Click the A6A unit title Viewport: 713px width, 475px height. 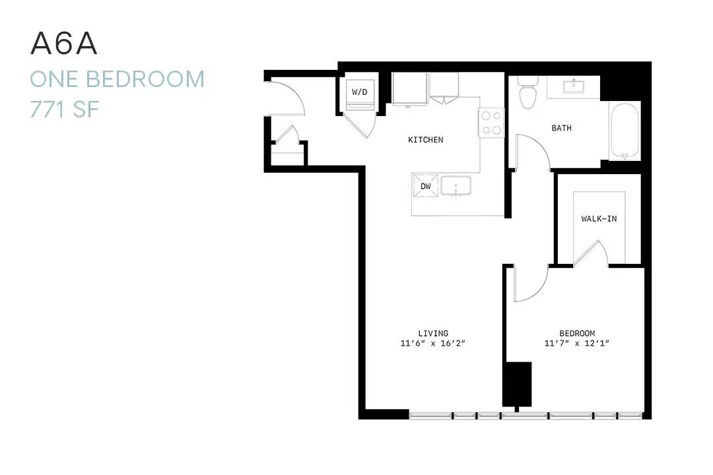tap(63, 44)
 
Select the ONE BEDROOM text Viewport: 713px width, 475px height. tap(118, 79)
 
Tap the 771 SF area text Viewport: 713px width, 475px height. tap(64, 110)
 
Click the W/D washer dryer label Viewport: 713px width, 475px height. tap(359, 92)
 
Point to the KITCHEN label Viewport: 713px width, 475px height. tap(426, 140)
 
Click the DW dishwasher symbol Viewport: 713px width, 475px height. tap(426, 186)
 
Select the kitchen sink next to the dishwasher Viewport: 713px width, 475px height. tap(456, 186)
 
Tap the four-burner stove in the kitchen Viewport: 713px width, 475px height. tap(491, 122)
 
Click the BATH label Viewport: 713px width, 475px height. tap(562, 128)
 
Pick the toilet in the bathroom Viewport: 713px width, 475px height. tap(528, 92)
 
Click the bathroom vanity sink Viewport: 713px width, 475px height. tap(574, 86)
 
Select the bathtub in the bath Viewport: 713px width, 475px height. tap(625, 131)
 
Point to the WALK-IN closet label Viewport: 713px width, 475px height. tap(599, 218)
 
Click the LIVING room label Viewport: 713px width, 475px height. tap(433, 333)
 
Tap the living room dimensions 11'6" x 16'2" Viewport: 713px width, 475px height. tap(433, 343)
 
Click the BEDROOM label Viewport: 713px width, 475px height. tap(577, 333)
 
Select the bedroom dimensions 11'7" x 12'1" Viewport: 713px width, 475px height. tap(576, 343)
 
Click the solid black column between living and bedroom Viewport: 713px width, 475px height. tap(517, 384)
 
